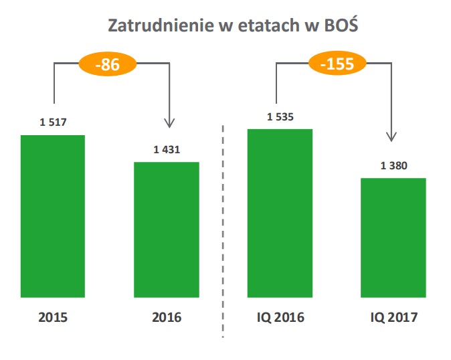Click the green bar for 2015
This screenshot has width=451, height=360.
pyautogui.click(x=53, y=215)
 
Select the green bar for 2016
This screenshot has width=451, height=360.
pyautogui.click(x=167, y=229)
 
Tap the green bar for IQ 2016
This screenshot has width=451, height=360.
pyautogui.click(x=280, y=212)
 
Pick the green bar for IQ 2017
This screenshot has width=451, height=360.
pyautogui.click(x=393, y=237)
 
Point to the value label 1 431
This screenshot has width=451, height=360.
pyautogui.click(x=167, y=149)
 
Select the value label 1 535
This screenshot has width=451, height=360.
pyautogui.click(x=280, y=116)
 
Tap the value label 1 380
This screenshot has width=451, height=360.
pyautogui.click(x=393, y=165)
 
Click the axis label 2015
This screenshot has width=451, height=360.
pyautogui.click(x=53, y=317)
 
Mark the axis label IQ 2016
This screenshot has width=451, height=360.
pyautogui.click(x=280, y=317)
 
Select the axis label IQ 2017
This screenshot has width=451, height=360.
pyautogui.click(x=393, y=317)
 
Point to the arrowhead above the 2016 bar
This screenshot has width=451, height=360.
pyautogui.click(x=169, y=122)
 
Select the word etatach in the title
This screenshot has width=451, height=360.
pyautogui.click(x=262, y=27)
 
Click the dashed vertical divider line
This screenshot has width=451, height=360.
pyautogui.click(x=223, y=228)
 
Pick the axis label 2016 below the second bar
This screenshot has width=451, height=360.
pyautogui.click(x=167, y=317)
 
